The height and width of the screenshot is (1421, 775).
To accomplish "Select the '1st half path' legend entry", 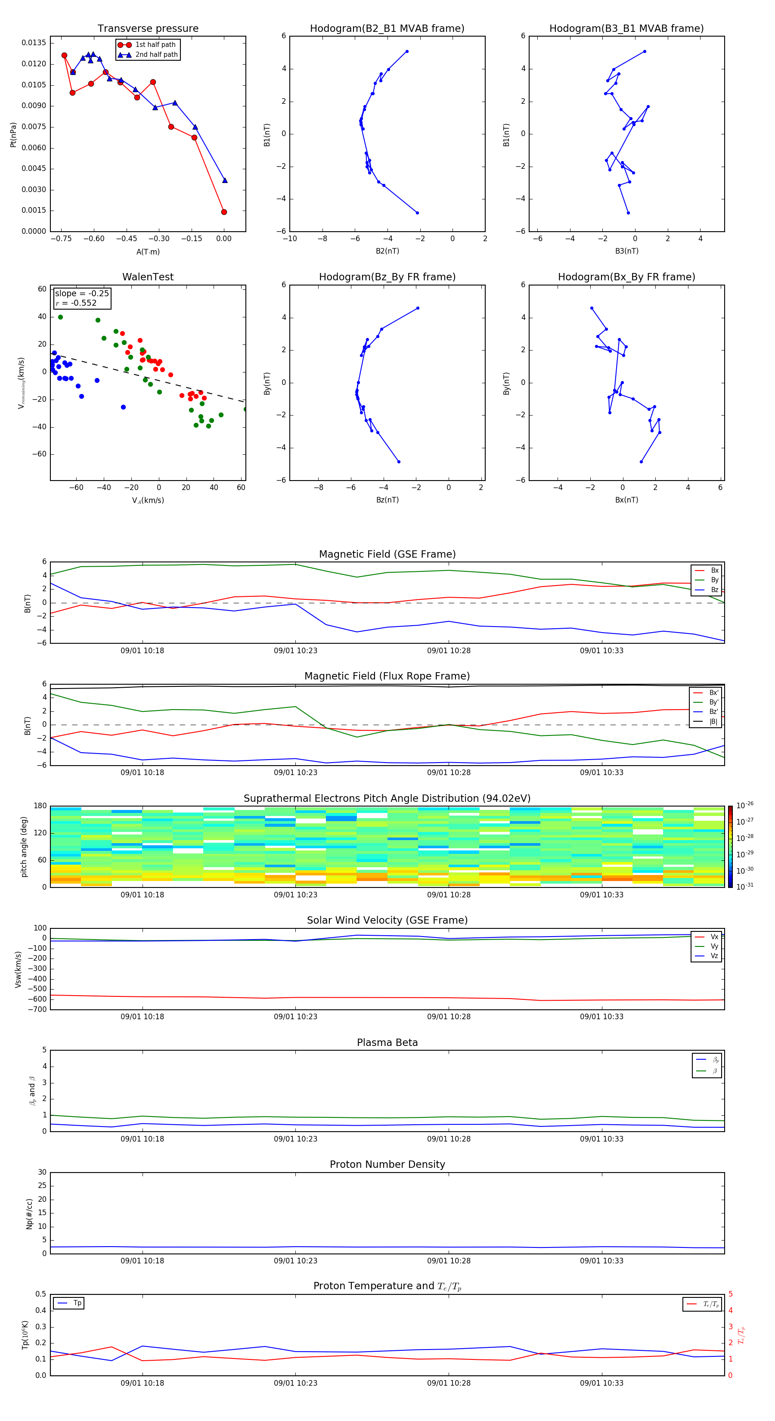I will pyautogui.click(x=155, y=45).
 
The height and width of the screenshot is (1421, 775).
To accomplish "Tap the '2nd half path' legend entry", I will pyautogui.click(x=156, y=55).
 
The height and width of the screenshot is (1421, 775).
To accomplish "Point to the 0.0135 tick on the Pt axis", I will pyautogui.click(x=34, y=43).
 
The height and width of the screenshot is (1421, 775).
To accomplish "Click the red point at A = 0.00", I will pyautogui.click(x=224, y=212).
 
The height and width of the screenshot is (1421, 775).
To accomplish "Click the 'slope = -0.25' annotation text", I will pyautogui.click(x=82, y=294).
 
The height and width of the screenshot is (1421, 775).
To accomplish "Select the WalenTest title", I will pyautogui.click(x=148, y=277).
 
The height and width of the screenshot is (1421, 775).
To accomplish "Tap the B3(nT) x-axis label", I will pyautogui.click(x=626, y=251).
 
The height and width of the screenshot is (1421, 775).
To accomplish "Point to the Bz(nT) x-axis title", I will pyautogui.click(x=387, y=500).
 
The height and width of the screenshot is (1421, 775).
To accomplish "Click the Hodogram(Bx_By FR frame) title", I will pyautogui.click(x=626, y=277).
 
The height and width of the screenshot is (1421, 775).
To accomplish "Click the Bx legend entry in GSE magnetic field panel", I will pyautogui.click(x=714, y=571).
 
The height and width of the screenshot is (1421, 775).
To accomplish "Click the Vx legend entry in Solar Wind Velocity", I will pyautogui.click(x=714, y=937).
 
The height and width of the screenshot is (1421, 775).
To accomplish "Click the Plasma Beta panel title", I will pyautogui.click(x=387, y=1042).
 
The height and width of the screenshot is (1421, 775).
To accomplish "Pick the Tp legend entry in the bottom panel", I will pyautogui.click(x=77, y=1303).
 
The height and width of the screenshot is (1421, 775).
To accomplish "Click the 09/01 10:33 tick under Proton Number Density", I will pyautogui.click(x=601, y=1260).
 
